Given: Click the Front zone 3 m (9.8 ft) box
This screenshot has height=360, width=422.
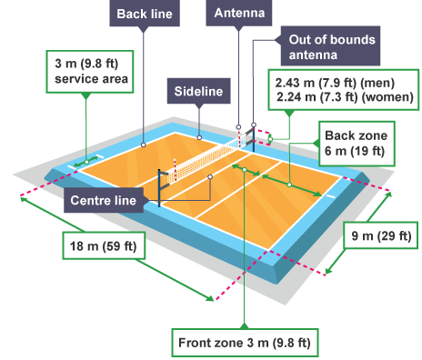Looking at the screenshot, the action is click(244, 342).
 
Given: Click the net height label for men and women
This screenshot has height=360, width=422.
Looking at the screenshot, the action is click(339, 87).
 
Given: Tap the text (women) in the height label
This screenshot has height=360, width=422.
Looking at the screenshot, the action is click(390, 95).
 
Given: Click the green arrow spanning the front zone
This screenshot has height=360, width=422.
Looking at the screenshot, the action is click(245, 168).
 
